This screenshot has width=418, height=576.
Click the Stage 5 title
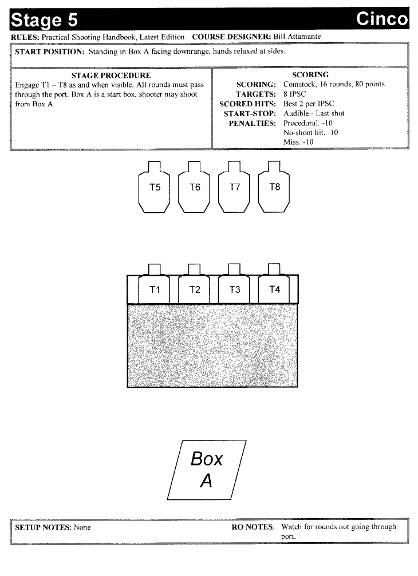(44, 20)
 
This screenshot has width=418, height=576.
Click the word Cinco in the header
(382, 19)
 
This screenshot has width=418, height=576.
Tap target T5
(154, 187)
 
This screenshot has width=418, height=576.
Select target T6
(194, 187)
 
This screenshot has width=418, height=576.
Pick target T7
(234, 187)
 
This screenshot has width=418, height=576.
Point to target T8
(274, 187)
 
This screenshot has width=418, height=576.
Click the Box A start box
(207, 470)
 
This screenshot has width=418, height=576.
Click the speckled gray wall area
(212, 345)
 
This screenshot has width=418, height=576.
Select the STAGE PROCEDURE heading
(111, 76)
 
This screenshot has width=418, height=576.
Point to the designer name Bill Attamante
(297, 37)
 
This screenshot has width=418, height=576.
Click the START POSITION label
(50, 51)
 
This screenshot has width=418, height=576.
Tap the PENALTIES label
(252, 123)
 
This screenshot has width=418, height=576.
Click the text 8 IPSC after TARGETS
(294, 94)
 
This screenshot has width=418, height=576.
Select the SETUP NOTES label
(42, 527)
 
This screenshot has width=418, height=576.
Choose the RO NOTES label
(253, 527)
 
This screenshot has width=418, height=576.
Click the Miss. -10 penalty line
(298, 142)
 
